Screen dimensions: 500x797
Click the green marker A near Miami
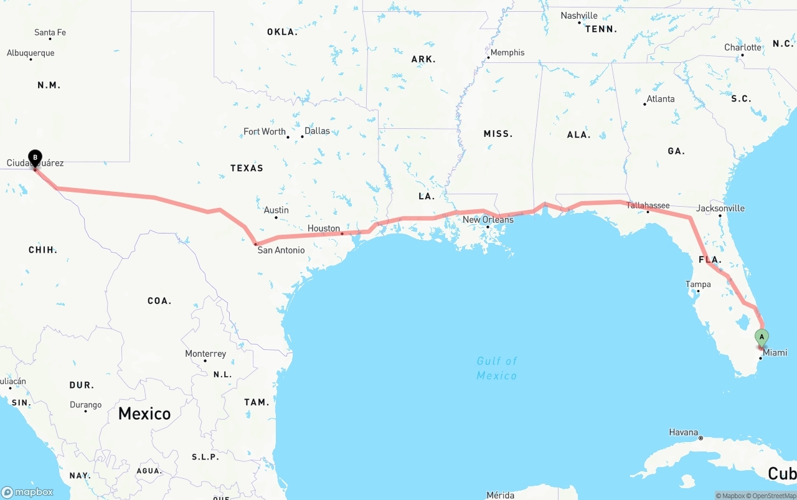pyautogui.click(x=762, y=337)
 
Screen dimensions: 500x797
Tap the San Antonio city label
pyautogui.click(x=281, y=250)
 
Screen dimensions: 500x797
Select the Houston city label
pyautogui.click(x=324, y=229)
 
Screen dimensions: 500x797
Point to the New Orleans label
pyautogui.click(x=488, y=220)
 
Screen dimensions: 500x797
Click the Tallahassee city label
pyautogui.click(x=648, y=205)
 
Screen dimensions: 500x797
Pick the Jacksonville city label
pyautogui.click(x=720, y=208)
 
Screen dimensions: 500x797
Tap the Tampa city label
pyautogui.click(x=698, y=285)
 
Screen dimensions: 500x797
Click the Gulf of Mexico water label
pyautogui.click(x=497, y=368)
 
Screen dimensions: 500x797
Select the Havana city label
pyautogui.click(x=683, y=432)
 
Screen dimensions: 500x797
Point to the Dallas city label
pyautogui.click(x=317, y=131)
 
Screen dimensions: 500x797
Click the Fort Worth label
pyautogui.click(x=265, y=131)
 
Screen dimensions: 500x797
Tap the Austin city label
pyautogui.click(x=276, y=210)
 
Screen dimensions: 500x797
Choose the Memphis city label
pyautogui.click(x=507, y=52)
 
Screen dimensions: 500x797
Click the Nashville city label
pyautogui.click(x=579, y=16)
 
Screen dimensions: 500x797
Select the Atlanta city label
pyautogui.click(x=660, y=98)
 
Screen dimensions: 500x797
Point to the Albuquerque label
pyautogui.click(x=31, y=53)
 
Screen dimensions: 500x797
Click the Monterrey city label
pyautogui.click(x=205, y=354)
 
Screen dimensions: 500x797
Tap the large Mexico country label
pyautogui.click(x=144, y=413)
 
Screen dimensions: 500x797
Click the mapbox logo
pyautogui.click(x=27, y=492)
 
